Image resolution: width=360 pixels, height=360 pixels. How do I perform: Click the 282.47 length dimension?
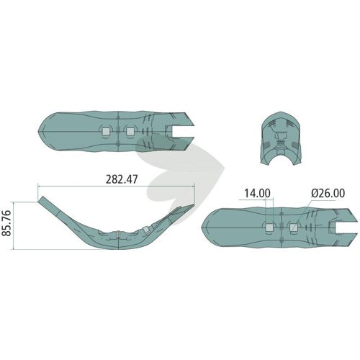pos(122,179)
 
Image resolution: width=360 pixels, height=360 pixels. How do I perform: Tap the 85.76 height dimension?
pos(6,223)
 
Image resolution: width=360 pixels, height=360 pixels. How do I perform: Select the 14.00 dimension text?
pos(257,193)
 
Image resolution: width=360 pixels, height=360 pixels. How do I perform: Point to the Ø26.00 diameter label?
pos(328,193)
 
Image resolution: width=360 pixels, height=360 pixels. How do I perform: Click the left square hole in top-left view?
pos(106,131)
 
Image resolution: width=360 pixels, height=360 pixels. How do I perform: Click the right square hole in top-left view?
pos(130,131)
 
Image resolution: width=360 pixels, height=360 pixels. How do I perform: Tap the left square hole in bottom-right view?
pos(269,228)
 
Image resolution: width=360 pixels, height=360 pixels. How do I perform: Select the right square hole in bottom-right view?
pos(293,228)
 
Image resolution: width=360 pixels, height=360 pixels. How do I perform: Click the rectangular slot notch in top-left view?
pos(183,131)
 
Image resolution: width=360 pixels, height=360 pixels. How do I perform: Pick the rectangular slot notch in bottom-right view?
pos(346,228)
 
